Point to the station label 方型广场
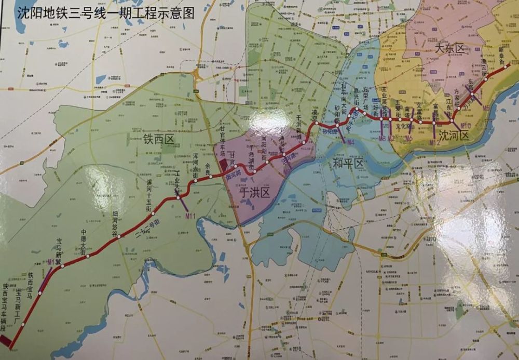(x=367, y=97)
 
